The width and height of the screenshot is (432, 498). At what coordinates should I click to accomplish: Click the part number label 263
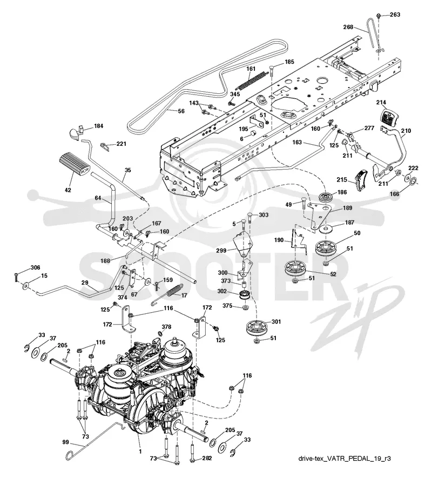pos(395,15)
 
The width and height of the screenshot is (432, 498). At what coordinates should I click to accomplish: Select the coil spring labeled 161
pos(251,82)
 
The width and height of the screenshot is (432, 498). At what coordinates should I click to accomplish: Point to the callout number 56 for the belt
pos(181,111)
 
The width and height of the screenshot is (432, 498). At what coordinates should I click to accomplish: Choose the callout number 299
pos(221,251)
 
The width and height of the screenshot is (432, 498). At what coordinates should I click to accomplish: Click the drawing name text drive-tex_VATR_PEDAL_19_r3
pos(345,458)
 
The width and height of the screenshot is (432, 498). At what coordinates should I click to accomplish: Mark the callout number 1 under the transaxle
pos(140,452)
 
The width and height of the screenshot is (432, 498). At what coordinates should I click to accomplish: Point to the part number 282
pos(206,458)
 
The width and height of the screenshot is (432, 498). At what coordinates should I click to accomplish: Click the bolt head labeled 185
pos(272,67)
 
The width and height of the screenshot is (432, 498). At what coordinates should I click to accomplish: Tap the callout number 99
pos(65,442)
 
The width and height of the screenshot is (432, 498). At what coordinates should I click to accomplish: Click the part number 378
pos(166,327)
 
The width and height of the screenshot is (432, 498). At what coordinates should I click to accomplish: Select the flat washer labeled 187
pos(325,228)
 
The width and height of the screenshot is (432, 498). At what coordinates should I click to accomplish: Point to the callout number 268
pos(348,27)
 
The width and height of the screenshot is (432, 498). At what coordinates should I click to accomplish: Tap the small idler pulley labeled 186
pos(326,198)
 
